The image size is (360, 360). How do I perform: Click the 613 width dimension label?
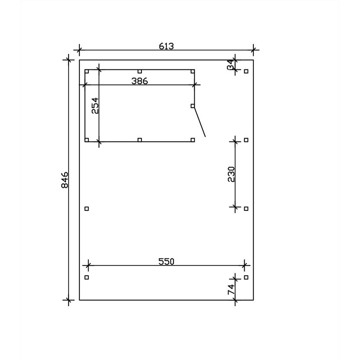(x=167, y=46)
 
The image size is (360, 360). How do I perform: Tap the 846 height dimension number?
(x=65, y=180)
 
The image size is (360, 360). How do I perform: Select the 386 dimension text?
(x=140, y=81)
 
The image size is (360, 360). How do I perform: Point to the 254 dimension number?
(x=95, y=105)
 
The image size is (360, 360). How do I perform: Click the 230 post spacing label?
(x=232, y=174)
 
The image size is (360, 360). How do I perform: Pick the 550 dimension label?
(x=167, y=262)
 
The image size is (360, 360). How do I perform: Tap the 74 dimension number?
(x=231, y=289)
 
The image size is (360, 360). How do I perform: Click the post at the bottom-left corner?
(x=87, y=277)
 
